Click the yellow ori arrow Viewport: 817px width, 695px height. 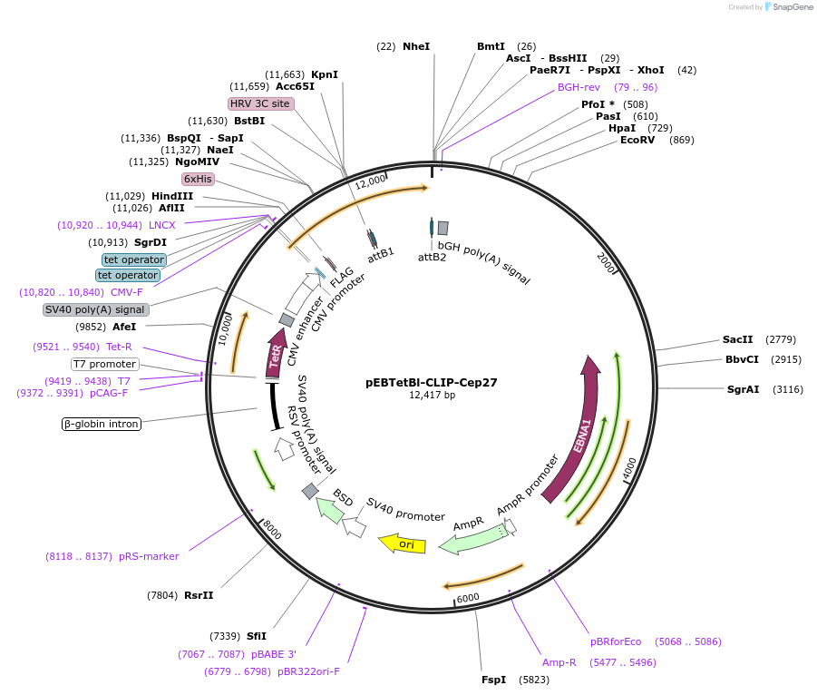403,544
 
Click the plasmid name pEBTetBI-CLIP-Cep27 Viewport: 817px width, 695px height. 431,383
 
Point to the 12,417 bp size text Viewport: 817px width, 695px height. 432,396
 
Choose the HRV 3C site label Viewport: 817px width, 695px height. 260,103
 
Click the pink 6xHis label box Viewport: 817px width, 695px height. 198,180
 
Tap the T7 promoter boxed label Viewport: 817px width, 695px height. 104,365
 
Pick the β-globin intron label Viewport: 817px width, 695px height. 102,424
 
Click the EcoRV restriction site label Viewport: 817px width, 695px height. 638,140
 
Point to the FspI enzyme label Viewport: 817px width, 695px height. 493,680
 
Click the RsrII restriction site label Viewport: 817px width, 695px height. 199,595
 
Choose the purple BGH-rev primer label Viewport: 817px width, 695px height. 579,87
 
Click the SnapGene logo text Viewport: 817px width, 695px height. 790,7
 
